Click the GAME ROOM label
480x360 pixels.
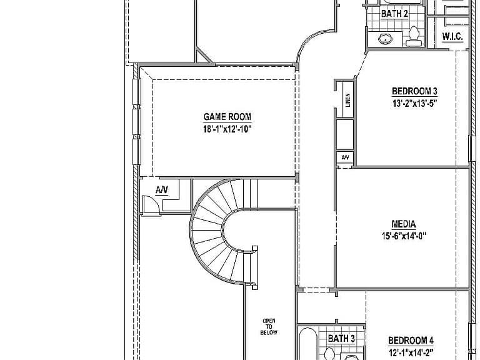pos(227,117)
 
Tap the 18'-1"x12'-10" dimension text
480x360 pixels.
pos(227,129)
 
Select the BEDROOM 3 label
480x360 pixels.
pos(414,91)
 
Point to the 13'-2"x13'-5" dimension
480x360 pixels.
pos(414,103)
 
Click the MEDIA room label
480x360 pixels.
pos(404,224)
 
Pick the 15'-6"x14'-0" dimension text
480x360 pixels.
pos(404,236)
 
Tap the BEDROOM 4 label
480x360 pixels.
pos(411,341)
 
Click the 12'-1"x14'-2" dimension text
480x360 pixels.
pos(411,352)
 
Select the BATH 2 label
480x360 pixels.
pos(394,14)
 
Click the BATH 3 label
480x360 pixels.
pos(341,339)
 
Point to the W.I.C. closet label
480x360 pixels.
pos(452,37)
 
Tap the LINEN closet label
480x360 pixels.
pos(347,100)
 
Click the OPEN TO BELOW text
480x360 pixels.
pos(269,327)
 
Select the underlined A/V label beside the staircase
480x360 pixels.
pos(162,190)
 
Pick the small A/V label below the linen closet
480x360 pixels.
pos(345,157)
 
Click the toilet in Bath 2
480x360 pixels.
pos(414,36)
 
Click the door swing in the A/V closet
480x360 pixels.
pos(151,204)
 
